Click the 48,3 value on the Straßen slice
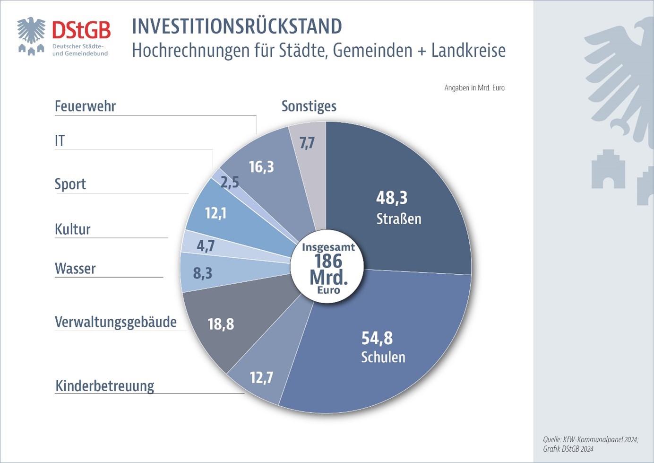point(391,198)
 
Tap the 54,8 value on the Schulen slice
point(377,338)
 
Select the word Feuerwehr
point(85,106)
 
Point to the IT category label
point(60,141)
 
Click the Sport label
point(70,184)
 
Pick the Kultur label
point(72,229)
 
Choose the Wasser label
point(75,269)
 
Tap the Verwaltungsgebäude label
point(116,322)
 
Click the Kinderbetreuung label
point(105,386)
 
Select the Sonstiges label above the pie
point(309,106)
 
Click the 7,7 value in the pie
point(307,143)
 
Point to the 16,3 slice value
point(261,167)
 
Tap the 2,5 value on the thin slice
point(230,182)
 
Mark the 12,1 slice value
point(215,213)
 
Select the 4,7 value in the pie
point(206,246)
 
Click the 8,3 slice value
point(202,273)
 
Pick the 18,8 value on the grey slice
point(221,324)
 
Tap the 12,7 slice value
point(261,378)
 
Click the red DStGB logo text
point(81,31)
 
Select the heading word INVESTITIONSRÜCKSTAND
point(237,26)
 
